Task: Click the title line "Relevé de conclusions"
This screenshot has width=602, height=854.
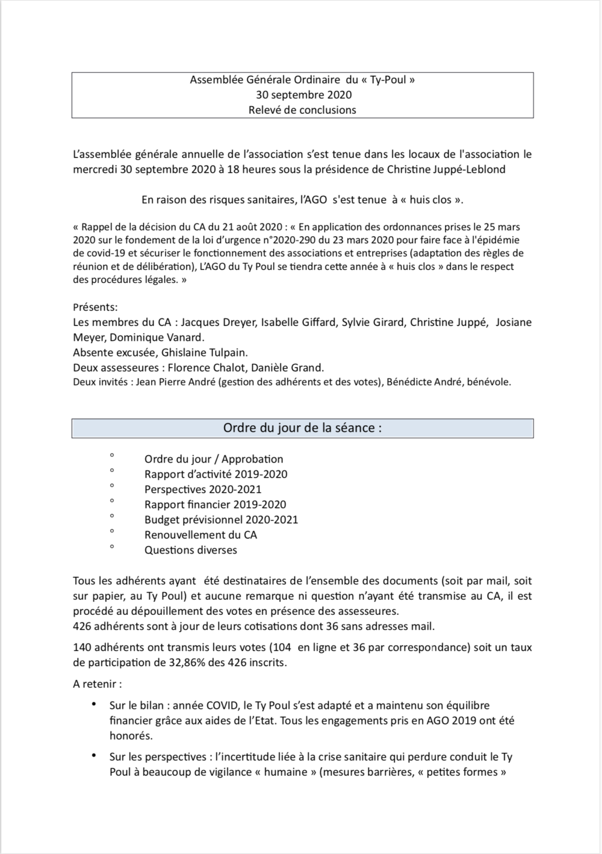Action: click(x=302, y=110)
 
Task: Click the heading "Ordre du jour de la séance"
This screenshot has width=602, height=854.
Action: click(x=302, y=428)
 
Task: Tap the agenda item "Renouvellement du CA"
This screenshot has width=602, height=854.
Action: click(x=200, y=535)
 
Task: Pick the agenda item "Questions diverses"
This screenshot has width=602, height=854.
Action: click(x=191, y=550)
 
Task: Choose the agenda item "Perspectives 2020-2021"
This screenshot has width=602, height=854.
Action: click(x=203, y=490)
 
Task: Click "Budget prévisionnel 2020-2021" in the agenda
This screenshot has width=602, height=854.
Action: click(x=221, y=520)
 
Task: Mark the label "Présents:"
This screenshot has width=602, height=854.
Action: click(x=95, y=307)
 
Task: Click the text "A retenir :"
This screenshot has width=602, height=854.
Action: click(x=98, y=684)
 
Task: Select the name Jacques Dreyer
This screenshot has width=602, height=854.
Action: click(x=218, y=322)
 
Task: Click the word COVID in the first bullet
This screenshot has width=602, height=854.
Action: click(x=222, y=705)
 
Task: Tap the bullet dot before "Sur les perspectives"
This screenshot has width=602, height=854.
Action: click(x=94, y=755)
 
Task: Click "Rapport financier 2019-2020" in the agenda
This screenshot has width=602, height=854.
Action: click(x=215, y=505)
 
